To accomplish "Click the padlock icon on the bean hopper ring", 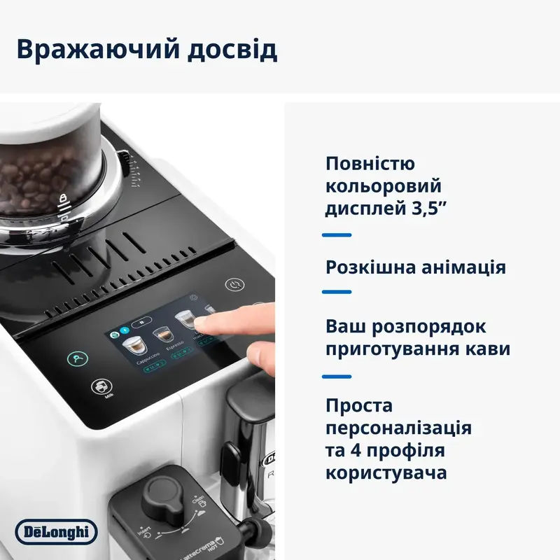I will (x=62, y=199).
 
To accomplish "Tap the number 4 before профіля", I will (x=358, y=449).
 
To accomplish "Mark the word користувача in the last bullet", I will (x=386, y=472).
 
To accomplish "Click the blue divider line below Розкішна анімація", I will (x=336, y=292).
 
